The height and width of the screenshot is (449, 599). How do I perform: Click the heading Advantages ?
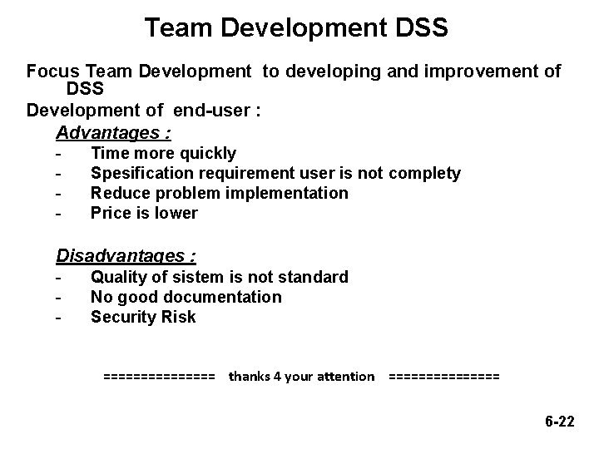pyautogui.click(x=113, y=132)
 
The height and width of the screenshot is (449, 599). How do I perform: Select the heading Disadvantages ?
pyautogui.click(x=131, y=255)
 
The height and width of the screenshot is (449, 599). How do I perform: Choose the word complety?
pyautogui.click(x=423, y=173)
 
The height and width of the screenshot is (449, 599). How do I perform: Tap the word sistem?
pyautogui.click(x=201, y=277)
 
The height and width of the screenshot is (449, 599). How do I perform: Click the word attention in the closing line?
pyautogui.click(x=341, y=376)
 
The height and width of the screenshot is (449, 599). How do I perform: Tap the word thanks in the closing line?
pyautogui.click(x=249, y=376)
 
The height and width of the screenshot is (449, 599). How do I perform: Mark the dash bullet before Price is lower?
pyautogui.click(x=58, y=214)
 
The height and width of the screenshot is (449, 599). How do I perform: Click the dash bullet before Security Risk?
pyautogui.click(x=58, y=318)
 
